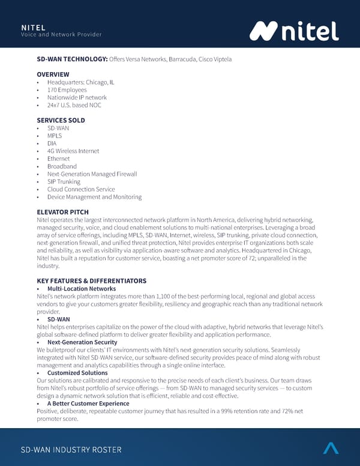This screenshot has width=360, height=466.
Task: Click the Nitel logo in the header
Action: pos(294,31)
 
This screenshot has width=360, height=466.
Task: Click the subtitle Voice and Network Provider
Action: pos(61,34)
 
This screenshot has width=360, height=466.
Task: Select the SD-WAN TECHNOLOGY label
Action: pos(72,59)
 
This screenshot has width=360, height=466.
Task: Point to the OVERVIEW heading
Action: pos(53,74)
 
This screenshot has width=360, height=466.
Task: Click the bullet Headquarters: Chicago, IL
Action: pos(81,82)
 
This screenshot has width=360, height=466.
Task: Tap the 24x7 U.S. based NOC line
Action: pos(74,105)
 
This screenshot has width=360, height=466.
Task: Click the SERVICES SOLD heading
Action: pos(61,120)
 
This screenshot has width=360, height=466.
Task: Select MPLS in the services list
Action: pos(54,136)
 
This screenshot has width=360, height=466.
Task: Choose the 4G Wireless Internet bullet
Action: pos(73,151)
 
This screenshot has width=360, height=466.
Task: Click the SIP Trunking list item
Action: pos(64,181)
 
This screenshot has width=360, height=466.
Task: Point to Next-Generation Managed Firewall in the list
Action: pos(92,174)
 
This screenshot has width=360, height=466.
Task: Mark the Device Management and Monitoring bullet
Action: pos(94,197)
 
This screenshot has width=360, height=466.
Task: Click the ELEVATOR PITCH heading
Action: pos(62,212)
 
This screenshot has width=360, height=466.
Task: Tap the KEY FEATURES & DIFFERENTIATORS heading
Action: pos(91,281)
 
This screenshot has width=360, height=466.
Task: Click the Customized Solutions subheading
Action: pos(77,373)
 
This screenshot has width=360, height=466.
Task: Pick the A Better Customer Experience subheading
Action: pos(89,404)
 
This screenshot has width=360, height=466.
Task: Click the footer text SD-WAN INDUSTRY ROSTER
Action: pos(71,450)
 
